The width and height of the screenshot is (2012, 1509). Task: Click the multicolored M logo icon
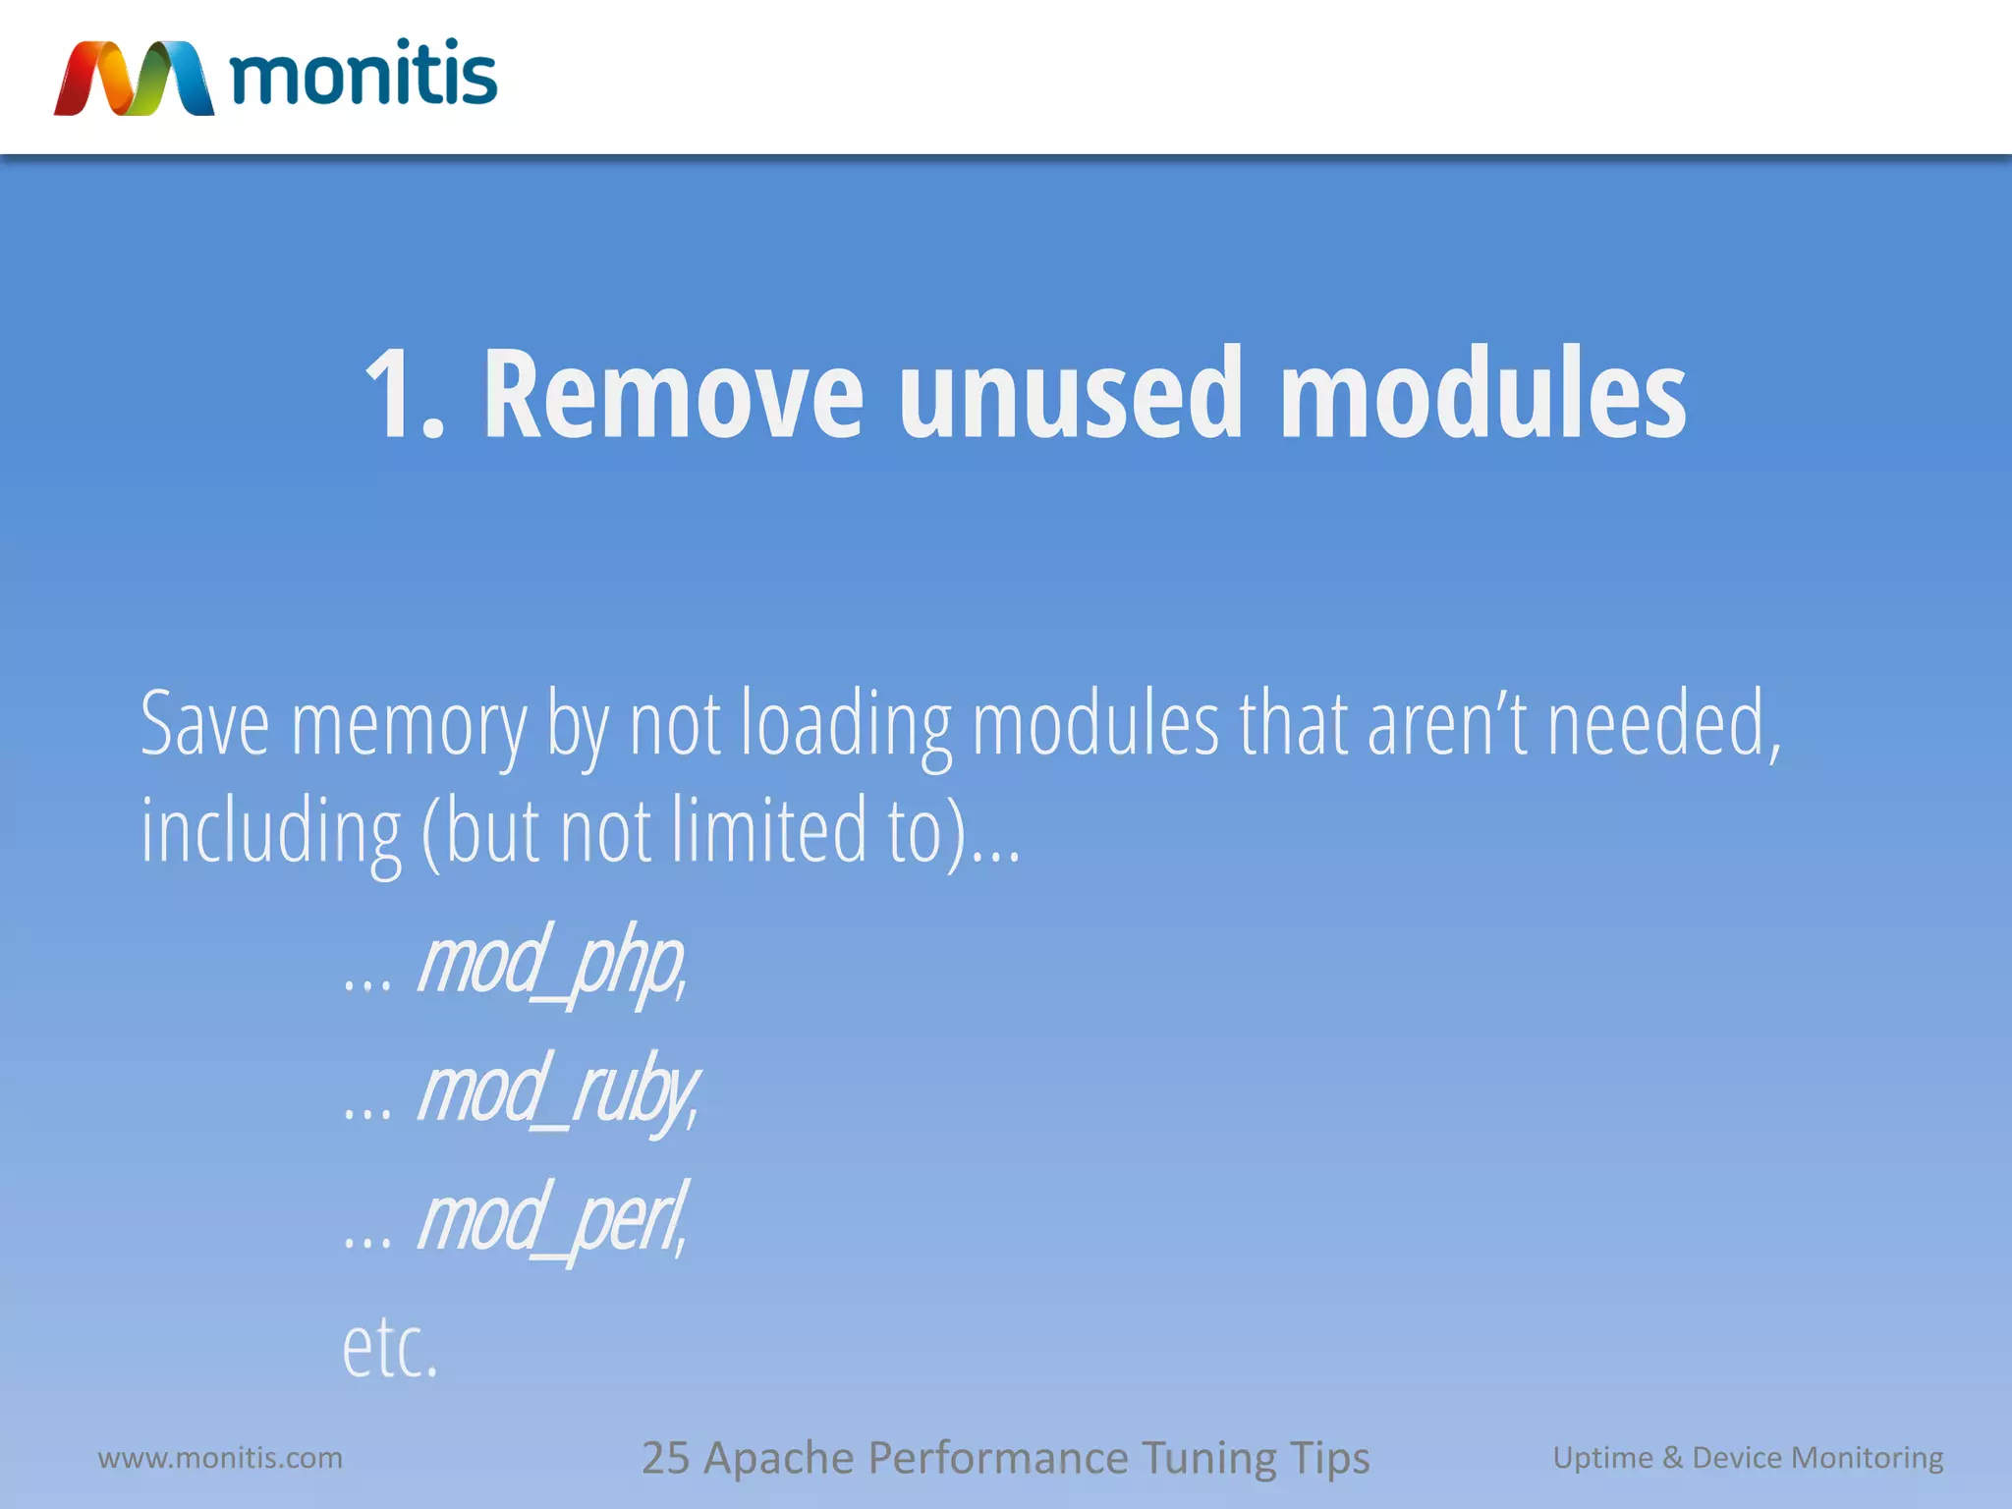tap(134, 79)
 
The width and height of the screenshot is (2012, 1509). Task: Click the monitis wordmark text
tap(363, 75)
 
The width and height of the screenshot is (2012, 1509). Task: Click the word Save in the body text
tap(204, 725)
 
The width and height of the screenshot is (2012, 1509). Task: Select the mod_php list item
tap(550, 963)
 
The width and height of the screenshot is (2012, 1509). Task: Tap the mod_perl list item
tap(550, 1219)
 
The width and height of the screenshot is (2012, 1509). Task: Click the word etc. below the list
tap(389, 1348)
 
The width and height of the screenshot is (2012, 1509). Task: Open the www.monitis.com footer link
tap(220, 1458)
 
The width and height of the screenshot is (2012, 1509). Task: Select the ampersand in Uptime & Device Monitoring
tap(1672, 1458)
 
